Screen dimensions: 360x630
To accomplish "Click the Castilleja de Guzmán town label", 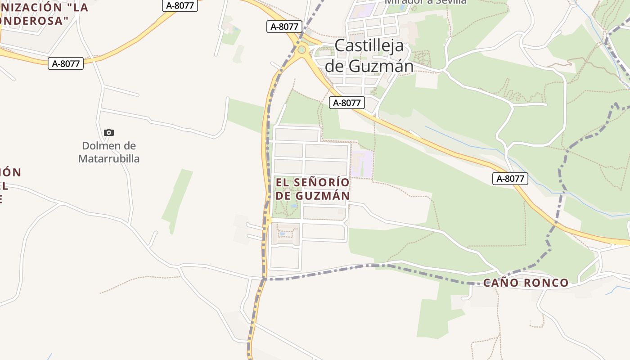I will coord(369,56).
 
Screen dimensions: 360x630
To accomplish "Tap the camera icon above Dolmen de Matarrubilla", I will coord(108,132).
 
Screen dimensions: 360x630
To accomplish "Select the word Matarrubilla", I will coord(109,159).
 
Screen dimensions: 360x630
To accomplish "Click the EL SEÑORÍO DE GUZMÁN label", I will coord(312,189).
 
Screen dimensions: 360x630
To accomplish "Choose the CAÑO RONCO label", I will coord(526,283).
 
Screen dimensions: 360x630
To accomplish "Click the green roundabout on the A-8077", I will coord(301,49).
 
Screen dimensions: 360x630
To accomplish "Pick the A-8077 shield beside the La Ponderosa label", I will coord(66,63).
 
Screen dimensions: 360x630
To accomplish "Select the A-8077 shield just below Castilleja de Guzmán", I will coord(347,103).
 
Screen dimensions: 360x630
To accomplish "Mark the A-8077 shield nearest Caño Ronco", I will coord(510,179).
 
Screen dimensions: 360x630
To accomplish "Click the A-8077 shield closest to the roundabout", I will coord(284,27).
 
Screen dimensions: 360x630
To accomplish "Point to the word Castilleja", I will coord(369,46).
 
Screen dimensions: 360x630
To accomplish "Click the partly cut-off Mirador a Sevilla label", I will coord(425,2).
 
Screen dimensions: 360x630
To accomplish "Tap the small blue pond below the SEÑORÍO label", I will coord(294,206).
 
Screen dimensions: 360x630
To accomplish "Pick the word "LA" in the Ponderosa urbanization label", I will coord(80,7).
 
